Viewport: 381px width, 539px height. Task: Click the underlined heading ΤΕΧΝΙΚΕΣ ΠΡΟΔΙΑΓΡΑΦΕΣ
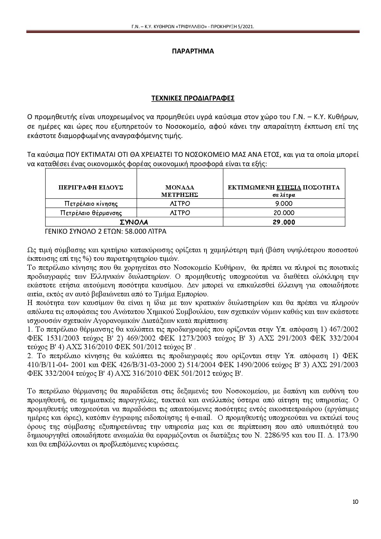point(193,98)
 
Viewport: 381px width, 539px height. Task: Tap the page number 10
point(355,502)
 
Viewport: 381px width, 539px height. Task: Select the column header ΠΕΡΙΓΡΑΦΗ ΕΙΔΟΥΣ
point(91,187)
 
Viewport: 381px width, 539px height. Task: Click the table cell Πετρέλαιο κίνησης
point(91,204)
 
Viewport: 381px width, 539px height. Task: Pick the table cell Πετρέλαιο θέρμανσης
point(91,213)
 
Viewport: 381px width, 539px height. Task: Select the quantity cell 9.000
point(284,204)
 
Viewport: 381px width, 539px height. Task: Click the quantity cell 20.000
point(284,213)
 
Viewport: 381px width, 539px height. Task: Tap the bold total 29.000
point(284,222)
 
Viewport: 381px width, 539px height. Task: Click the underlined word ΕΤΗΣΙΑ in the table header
point(289,187)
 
